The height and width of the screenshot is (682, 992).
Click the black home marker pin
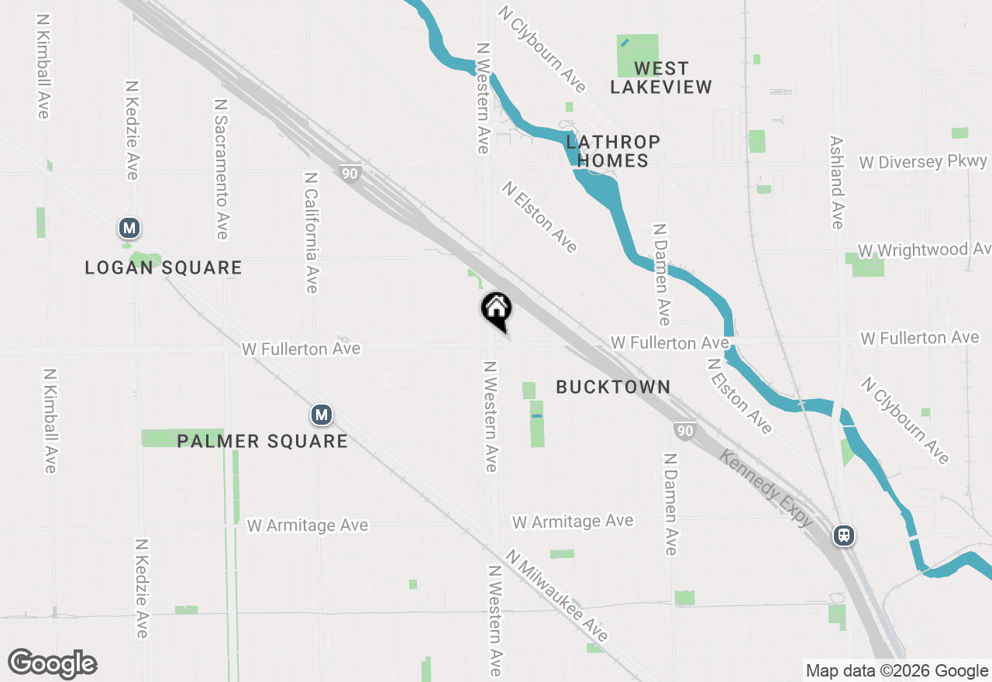497,310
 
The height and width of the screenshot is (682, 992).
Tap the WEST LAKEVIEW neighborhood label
660,77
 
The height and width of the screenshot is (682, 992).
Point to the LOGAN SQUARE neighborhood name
164,268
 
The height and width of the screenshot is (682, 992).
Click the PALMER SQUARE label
262,442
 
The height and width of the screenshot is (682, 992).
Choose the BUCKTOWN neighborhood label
613,387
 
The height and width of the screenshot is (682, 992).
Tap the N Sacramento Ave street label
221,168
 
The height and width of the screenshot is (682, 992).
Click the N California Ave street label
311,232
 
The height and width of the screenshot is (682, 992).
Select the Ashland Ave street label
836,183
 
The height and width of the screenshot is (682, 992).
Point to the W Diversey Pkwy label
923,162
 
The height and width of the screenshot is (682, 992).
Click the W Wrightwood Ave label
924,250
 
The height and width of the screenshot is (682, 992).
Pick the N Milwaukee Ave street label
556,595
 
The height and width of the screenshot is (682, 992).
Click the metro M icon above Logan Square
129,228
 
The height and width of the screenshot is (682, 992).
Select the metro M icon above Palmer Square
322,415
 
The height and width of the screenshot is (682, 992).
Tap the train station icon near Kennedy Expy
844,535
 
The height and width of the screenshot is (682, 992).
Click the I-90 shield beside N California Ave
350,174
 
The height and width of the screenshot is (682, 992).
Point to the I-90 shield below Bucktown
684,431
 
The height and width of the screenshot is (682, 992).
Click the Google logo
52,663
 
